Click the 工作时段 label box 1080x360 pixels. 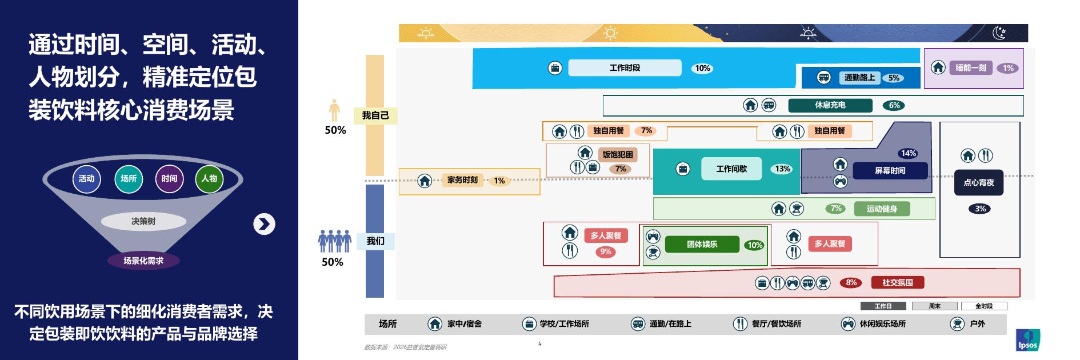tap(625, 68)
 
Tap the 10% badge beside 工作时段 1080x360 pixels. tap(702, 69)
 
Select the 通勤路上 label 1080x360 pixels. tap(859, 78)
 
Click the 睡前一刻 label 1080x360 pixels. tap(971, 68)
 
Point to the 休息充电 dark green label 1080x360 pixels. tap(830, 105)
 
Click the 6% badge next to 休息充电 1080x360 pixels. tap(894, 105)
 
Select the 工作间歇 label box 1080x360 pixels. tap(731, 169)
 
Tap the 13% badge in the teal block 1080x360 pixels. tap(782, 169)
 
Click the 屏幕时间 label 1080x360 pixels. tap(890, 171)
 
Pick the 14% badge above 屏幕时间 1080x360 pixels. tap(908, 153)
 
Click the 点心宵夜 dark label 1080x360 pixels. tap(979, 183)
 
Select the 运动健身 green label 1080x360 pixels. tap(882, 209)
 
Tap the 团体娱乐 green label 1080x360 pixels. tap(702, 245)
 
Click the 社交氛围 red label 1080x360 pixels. tap(897, 282)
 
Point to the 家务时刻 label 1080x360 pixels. tap(462, 180)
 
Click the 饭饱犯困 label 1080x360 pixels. tap(618, 154)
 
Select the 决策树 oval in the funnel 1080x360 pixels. tap(143, 221)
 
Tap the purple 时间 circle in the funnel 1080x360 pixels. tap(169, 178)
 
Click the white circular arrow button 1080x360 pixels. tap(264, 224)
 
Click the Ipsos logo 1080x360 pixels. tap(1028, 341)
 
